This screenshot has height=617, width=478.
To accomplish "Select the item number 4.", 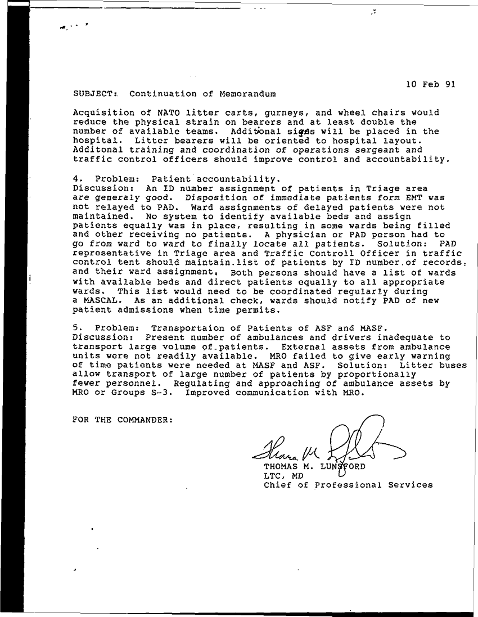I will click(76, 179).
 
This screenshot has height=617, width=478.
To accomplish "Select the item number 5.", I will click(76, 328).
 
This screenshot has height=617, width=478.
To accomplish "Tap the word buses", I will click(452, 365).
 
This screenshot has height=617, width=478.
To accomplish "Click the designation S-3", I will click(165, 393).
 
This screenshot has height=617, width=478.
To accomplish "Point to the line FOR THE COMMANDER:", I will click(123, 420).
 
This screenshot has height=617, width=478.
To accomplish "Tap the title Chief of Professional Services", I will click(348, 485).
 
